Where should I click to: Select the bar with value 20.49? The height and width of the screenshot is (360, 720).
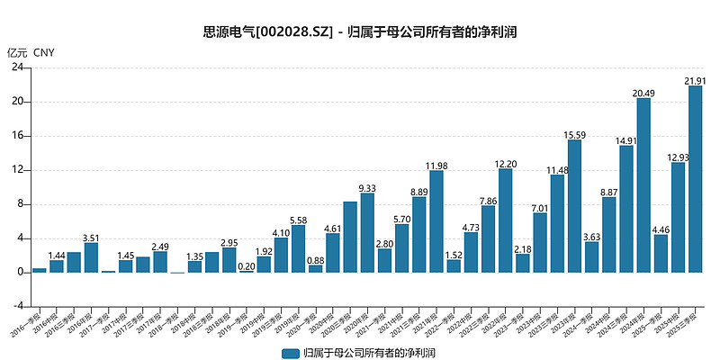coord(643,184)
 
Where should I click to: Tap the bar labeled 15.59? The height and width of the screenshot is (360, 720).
coord(574,206)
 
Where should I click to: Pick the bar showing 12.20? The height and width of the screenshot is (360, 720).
coord(505,220)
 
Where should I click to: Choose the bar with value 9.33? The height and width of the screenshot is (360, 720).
coord(367,232)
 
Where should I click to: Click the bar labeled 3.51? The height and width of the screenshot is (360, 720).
coord(91,257)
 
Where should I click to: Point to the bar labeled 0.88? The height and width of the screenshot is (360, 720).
coord(315,268)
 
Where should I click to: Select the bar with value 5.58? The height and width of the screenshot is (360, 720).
coord(298,248)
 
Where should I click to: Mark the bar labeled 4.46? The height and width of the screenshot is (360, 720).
coord(661,253)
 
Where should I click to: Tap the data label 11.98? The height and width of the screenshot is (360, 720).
coord(436,166)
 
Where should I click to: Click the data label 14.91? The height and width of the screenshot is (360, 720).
coord(626,140)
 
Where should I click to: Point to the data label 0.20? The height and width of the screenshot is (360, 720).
coord(246,265)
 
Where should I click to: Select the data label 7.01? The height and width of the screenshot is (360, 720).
coord(540,208)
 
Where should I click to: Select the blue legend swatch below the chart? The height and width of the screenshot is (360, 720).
coord(290,352)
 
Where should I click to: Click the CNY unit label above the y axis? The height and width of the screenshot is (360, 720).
coord(44,52)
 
